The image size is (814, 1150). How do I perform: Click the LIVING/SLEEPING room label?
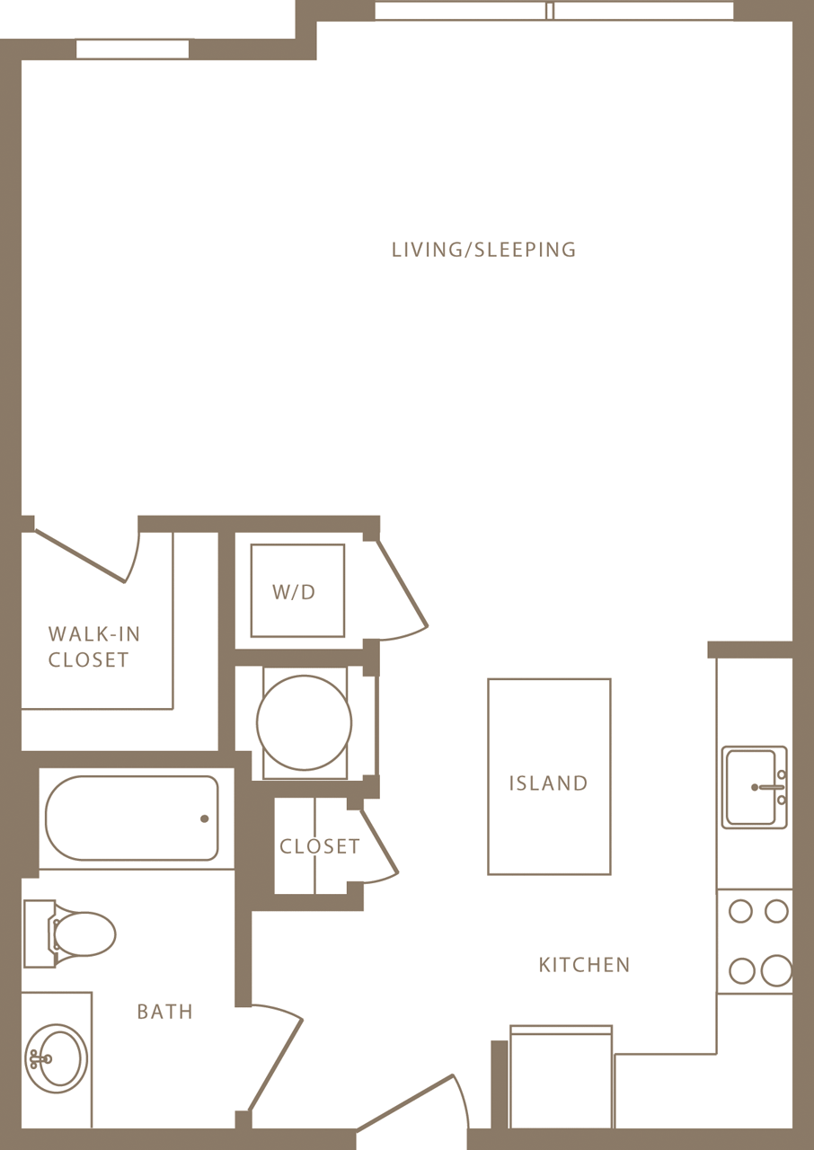point(483,250)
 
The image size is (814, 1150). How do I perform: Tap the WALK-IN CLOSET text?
point(93,647)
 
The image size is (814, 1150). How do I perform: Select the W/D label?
point(295,592)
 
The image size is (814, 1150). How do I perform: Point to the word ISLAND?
point(548,783)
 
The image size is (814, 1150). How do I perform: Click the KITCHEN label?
point(584,965)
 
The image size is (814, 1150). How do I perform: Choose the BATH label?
point(164,1012)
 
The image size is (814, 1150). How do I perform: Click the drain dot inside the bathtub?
point(205,818)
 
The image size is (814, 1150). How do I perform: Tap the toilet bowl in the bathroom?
point(85,933)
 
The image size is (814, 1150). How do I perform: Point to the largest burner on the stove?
point(776,970)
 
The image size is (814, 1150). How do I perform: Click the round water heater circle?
point(304,722)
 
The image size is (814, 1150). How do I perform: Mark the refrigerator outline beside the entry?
point(561,1078)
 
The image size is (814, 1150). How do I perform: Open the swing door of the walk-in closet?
point(80,556)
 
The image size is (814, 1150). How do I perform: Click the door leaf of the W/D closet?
point(402,584)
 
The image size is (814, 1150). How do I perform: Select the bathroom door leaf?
point(276,1065)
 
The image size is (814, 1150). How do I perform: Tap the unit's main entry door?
point(404,1102)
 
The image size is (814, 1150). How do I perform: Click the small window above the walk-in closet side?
point(133,49)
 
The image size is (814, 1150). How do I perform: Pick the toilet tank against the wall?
point(39,933)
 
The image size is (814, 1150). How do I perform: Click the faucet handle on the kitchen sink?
point(771,787)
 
